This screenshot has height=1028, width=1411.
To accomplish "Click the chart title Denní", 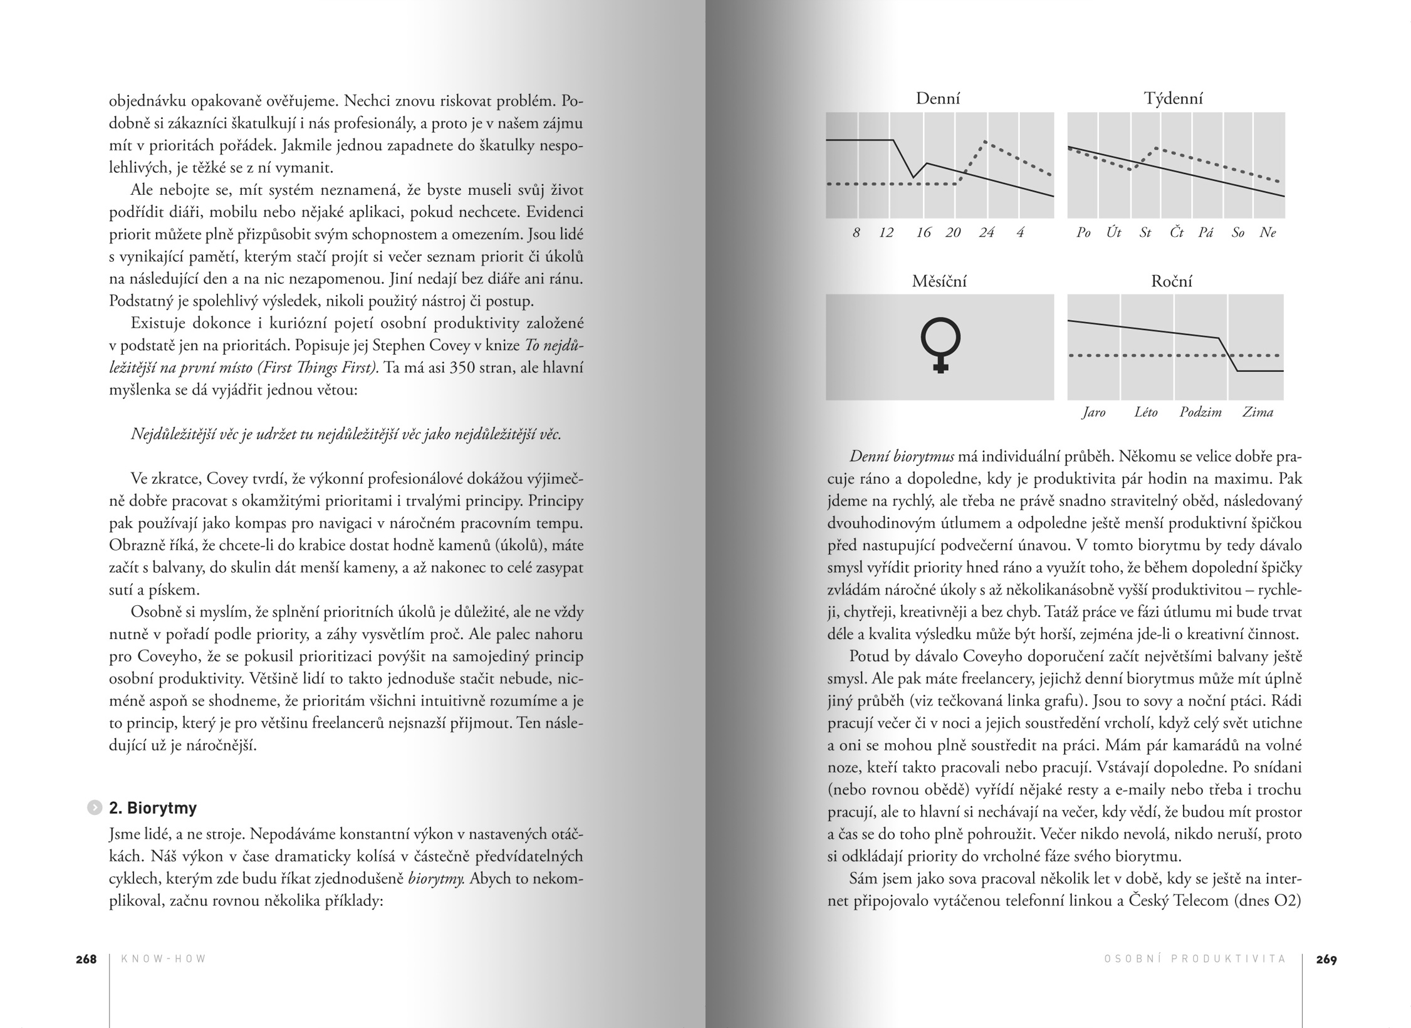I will click(937, 98).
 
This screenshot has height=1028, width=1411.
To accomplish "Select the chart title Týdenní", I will click(1173, 98).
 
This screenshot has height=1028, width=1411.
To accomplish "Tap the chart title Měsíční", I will click(939, 281).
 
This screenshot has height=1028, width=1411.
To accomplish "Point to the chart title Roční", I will click(1171, 281).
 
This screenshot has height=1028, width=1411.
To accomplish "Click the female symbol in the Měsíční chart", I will click(940, 345).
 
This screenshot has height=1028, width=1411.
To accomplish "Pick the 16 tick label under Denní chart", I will click(923, 233).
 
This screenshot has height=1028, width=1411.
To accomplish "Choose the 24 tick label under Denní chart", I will click(986, 233).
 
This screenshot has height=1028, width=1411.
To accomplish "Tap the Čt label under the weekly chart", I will click(1177, 233).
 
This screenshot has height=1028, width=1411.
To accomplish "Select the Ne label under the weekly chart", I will click(1268, 233).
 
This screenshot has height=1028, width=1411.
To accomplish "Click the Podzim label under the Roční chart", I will click(1200, 412).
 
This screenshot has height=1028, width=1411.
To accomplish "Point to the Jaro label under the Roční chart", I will click(1094, 412).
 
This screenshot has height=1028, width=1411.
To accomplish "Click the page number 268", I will click(86, 959).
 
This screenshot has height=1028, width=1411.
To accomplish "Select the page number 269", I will click(1326, 959).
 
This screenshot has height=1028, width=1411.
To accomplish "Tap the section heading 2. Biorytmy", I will click(153, 808).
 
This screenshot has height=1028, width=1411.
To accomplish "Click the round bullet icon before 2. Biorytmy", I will click(94, 807).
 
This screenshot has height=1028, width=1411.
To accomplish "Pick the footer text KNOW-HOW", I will click(164, 959).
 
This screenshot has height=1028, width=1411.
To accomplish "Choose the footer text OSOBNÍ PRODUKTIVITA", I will click(1195, 959).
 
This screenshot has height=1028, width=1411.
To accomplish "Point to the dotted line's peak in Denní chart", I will click(985, 142).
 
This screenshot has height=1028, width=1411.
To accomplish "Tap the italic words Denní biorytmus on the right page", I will click(902, 457).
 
